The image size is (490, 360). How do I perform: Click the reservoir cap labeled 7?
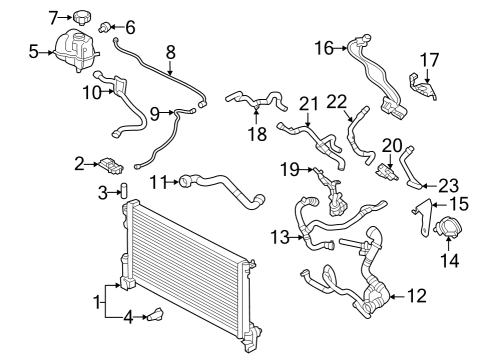coord(82,18)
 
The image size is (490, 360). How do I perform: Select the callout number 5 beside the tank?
coord(34,52)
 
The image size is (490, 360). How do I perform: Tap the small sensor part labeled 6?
coord(105,27)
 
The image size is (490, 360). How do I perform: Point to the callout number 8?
coord(170,52)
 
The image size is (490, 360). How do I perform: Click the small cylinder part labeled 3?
coord(124,190)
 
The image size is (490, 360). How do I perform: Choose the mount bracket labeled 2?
coord(111,166)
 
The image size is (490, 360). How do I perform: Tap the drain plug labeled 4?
coord(155,314)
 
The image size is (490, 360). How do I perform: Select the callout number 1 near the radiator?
coord(97,303)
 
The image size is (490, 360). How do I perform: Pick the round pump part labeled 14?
coord(446,228)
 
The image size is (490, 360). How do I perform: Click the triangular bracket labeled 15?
coord(423,217)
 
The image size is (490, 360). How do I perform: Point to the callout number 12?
coord(416,296)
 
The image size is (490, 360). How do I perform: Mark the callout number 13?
coord(280,237)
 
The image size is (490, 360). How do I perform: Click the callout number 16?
coord(324,48)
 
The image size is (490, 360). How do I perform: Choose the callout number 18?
coord(258,134)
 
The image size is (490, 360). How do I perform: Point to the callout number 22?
coord(337,102)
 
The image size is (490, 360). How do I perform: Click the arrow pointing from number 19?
coord(306,170)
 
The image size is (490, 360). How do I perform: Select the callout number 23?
coord(449,186)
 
